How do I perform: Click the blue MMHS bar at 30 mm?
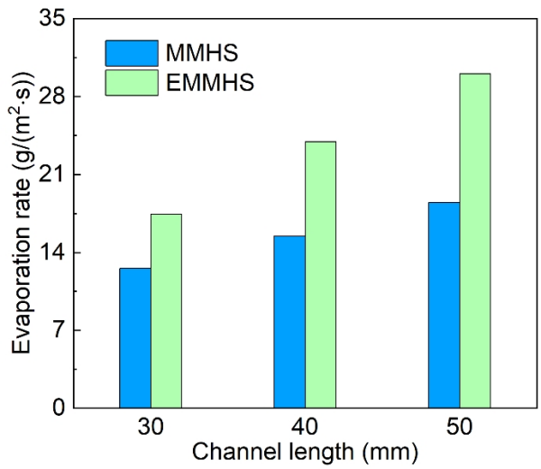[134, 337]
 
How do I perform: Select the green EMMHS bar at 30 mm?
[166, 310]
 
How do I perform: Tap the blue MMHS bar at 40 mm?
[289, 321]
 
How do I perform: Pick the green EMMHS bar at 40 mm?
[320, 274]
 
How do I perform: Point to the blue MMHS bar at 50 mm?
[444, 305]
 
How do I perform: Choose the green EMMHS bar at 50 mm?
[474, 240]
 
